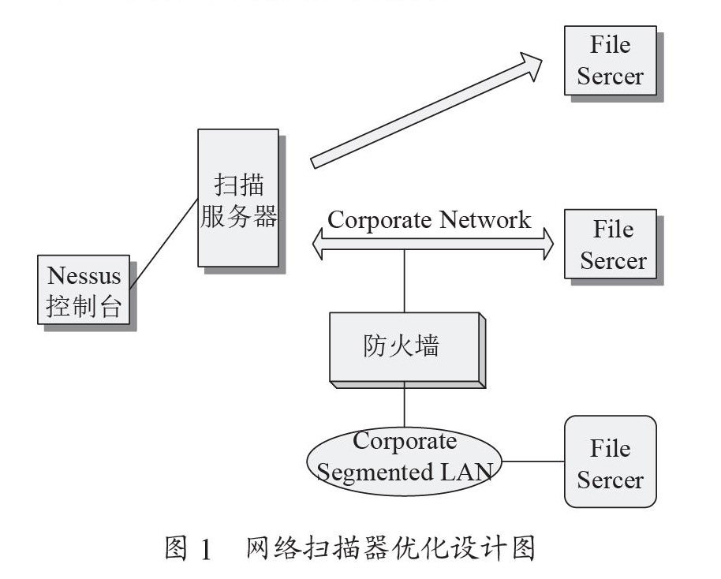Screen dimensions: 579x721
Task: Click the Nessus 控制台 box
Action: (84, 290)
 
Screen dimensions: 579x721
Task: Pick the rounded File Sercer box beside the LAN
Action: (610, 461)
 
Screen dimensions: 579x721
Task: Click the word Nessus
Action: (84, 276)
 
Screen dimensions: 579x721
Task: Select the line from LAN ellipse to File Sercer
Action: (532, 461)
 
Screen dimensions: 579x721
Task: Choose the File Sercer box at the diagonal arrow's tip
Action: (610, 61)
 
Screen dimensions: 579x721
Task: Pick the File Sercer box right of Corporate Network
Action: (610, 244)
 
